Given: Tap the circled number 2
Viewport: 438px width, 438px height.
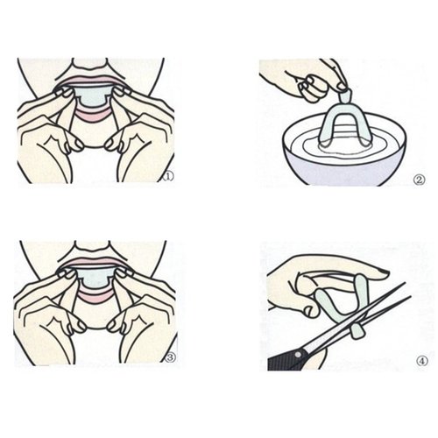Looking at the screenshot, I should (419, 181).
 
